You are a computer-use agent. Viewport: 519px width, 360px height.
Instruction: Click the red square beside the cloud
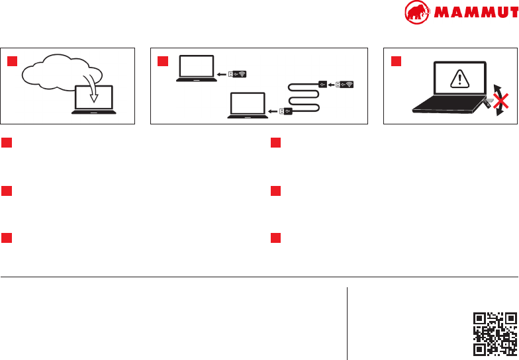[x=12, y=62]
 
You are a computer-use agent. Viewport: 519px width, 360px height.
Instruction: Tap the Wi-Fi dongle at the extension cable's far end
[x=345, y=84]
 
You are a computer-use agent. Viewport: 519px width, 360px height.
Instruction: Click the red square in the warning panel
[x=396, y=62]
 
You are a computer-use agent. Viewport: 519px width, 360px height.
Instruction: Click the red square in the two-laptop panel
[x=163, y=62]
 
